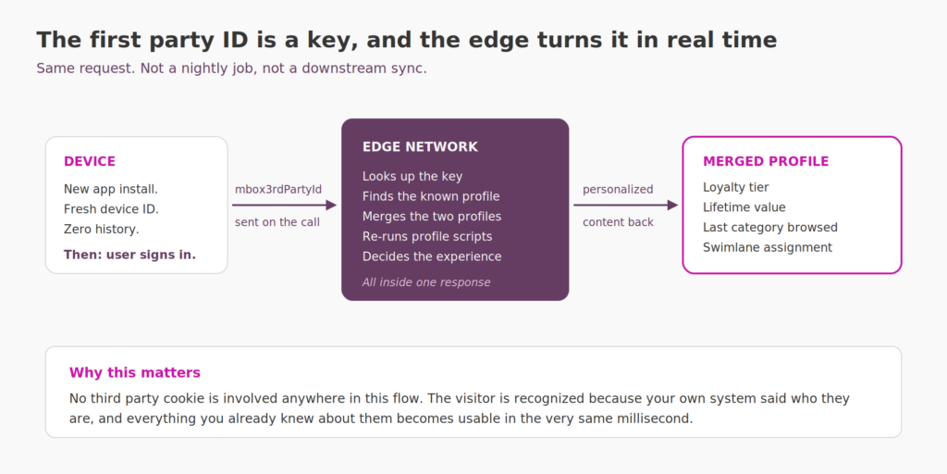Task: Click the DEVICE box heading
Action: pyautogui.click(x=90, y=161)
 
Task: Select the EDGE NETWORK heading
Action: pyautogui.click(x=420, y=147)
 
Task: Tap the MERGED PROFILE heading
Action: pyautogui.click(x=766, y=161)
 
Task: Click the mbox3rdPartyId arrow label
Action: pyautogui.click(x=278, y=189)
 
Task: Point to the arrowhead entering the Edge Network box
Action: pyautogui.click(x=331, y=206)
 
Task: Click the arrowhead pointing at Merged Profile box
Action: pyautogui.click(x=672, y=206)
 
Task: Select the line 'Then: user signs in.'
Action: pyautogui.click(x=129, y=255)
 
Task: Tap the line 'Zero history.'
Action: pyautogui.click(x=102, y=230)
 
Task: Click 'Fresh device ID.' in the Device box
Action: pyautogui.click(x=111, y=209)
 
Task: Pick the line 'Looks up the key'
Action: pyautogui.click(x=412, y=177)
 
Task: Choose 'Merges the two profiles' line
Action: pyautogui.click(x=432, y=217)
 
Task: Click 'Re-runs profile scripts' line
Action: pyautogui.click(x=427, y=236)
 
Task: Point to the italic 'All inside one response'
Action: pyautogui.click(x=426, y=282)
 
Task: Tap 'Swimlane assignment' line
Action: pyautogui.click(x=768, y=247)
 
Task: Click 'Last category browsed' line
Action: pyautogui.click(x=770, y=228)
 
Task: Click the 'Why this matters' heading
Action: pyautogui.click(x=135, y=372)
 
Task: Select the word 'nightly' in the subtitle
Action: pyautogui.click(x=206, y=69)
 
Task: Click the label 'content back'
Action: pyautogui.click(x=618, y=222)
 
